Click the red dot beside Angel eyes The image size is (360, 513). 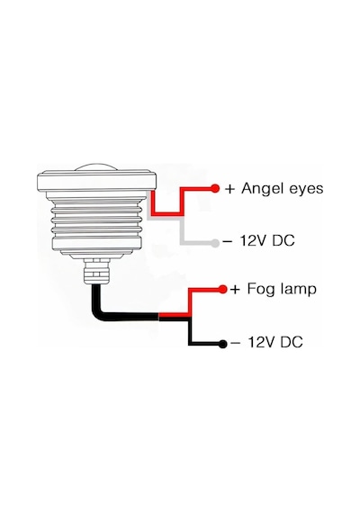point(215,188)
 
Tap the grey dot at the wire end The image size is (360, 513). point(215,243)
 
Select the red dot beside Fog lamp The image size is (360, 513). point(222,289)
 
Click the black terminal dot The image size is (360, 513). point(222,344)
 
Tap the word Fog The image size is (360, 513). point(261,290)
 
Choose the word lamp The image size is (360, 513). point(299,289)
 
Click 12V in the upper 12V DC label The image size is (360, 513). point(253,241)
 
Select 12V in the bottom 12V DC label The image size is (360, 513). point(261,342)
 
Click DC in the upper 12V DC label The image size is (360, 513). point(283,241)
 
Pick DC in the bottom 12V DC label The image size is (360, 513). point(292,342)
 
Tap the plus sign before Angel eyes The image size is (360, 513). point(230,189)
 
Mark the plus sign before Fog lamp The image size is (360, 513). point(235,290)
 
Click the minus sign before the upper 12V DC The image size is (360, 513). point(228,241)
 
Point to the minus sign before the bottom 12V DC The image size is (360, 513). point(235,343)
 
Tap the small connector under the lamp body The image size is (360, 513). point(96,271)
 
